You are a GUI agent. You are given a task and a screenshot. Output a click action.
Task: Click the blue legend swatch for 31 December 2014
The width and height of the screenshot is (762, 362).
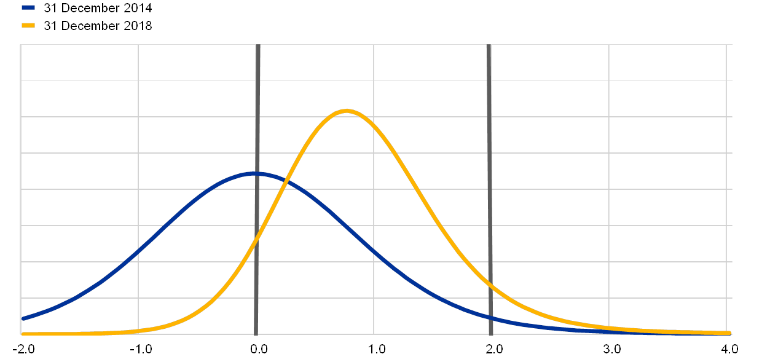click(28, 7)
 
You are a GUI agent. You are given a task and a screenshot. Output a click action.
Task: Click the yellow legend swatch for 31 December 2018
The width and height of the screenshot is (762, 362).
click(28, 25)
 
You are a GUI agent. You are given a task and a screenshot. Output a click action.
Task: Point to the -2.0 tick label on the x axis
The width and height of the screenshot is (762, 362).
click(26, 349)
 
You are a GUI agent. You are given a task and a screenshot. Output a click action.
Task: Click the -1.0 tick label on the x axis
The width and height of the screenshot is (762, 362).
click(143, 349)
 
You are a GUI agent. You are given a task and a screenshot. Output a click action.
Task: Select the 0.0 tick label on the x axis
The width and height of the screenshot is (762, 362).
click(259, 349)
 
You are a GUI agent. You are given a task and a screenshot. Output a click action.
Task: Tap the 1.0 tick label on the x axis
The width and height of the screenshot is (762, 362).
click(377, 349)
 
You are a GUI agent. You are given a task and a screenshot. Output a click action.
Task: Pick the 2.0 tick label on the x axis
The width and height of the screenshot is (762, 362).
click(494, 349)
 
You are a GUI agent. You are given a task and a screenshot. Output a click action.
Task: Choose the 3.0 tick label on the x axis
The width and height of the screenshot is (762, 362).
click(612, 349)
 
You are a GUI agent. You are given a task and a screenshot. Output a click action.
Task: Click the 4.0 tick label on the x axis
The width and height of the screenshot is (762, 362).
click(729, 349)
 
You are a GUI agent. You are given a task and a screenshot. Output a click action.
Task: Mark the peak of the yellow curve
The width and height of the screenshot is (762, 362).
click(347, 111)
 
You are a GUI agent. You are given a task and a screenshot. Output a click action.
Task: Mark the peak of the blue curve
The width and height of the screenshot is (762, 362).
click(255, 174)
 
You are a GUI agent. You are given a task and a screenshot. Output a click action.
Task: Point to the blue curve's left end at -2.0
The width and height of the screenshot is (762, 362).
click(22, 318)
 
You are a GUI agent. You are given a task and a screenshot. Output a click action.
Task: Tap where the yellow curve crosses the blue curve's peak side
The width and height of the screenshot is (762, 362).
click(281, 179)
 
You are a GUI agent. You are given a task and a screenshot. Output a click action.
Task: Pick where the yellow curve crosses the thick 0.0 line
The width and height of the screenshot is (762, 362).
click(257, 235)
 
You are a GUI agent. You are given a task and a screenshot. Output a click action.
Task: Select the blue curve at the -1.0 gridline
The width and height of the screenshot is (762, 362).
click(138, 250)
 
